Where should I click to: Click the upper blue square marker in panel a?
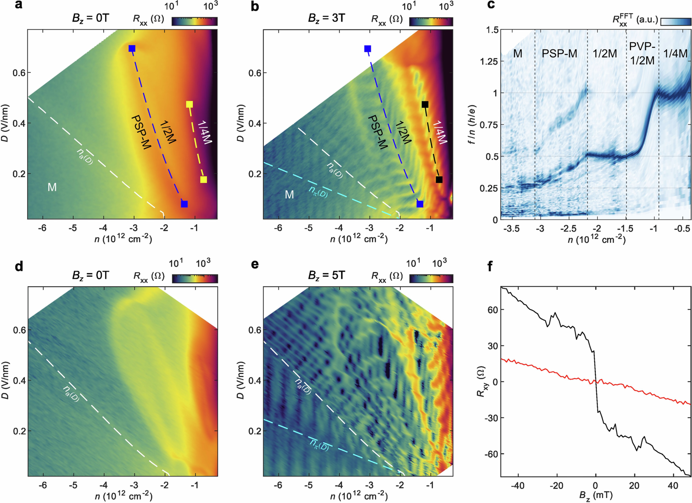(x=132, y=48)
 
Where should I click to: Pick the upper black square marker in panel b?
(x=425, y=105)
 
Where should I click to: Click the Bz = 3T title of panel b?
(x=327, y=18)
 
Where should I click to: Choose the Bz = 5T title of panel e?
(x=327, y=275)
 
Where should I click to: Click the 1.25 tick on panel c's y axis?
(x=488, y=61)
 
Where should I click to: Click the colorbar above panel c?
(x=676, y=22)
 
